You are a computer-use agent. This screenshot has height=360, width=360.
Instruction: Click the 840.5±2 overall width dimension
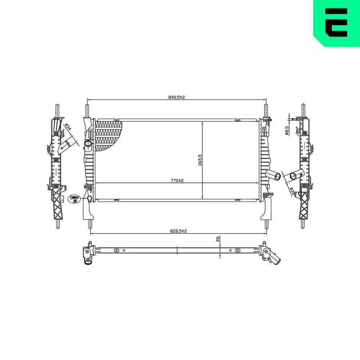click(x=177, y=97)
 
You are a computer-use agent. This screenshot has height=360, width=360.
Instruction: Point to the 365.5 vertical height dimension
click(x=200, y=160)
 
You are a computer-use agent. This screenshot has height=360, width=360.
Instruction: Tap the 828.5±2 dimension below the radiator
click(x=179, y=231)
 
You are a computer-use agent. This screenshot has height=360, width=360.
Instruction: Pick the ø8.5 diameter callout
click(x=287, y=130)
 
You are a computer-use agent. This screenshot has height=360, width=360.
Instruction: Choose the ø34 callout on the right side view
click(x=292, y=190)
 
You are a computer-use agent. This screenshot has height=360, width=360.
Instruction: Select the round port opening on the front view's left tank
click(x=88, y=144)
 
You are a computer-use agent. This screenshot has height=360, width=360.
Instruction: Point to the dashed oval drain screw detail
click(x=74, y=199)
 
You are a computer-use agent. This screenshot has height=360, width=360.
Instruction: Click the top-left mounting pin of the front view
click(x=87, y=110)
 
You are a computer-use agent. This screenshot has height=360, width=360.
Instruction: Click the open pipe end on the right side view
click(x=293, y=176)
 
